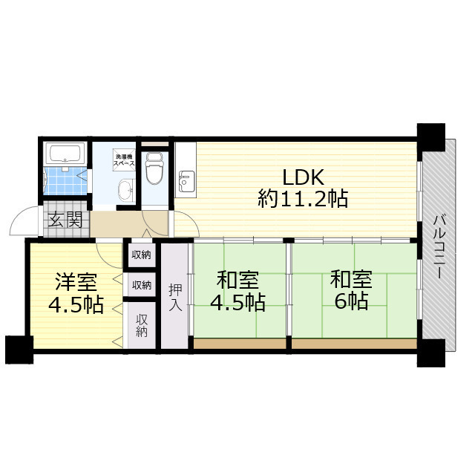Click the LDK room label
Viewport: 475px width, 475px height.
[304, 177]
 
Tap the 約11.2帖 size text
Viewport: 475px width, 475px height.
[303, 199]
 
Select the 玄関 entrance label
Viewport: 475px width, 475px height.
[65, 220]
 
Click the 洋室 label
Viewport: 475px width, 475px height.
[76, 282]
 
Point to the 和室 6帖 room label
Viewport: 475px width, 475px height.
[351, 289]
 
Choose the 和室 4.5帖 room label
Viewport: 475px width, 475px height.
[237, 291]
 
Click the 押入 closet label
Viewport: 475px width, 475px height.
[175, 297]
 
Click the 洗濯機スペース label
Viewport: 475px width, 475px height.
[124, 160]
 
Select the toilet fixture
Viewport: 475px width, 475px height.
[154, 168]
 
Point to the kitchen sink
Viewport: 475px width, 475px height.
[186, 181]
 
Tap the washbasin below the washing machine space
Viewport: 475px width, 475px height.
[125, 190]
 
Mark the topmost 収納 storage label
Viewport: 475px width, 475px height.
[142, 255]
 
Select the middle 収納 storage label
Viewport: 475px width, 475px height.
[142, 285]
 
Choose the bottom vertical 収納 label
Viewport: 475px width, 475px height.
[142, 326]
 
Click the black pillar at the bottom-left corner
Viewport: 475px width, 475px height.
[19, 350]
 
